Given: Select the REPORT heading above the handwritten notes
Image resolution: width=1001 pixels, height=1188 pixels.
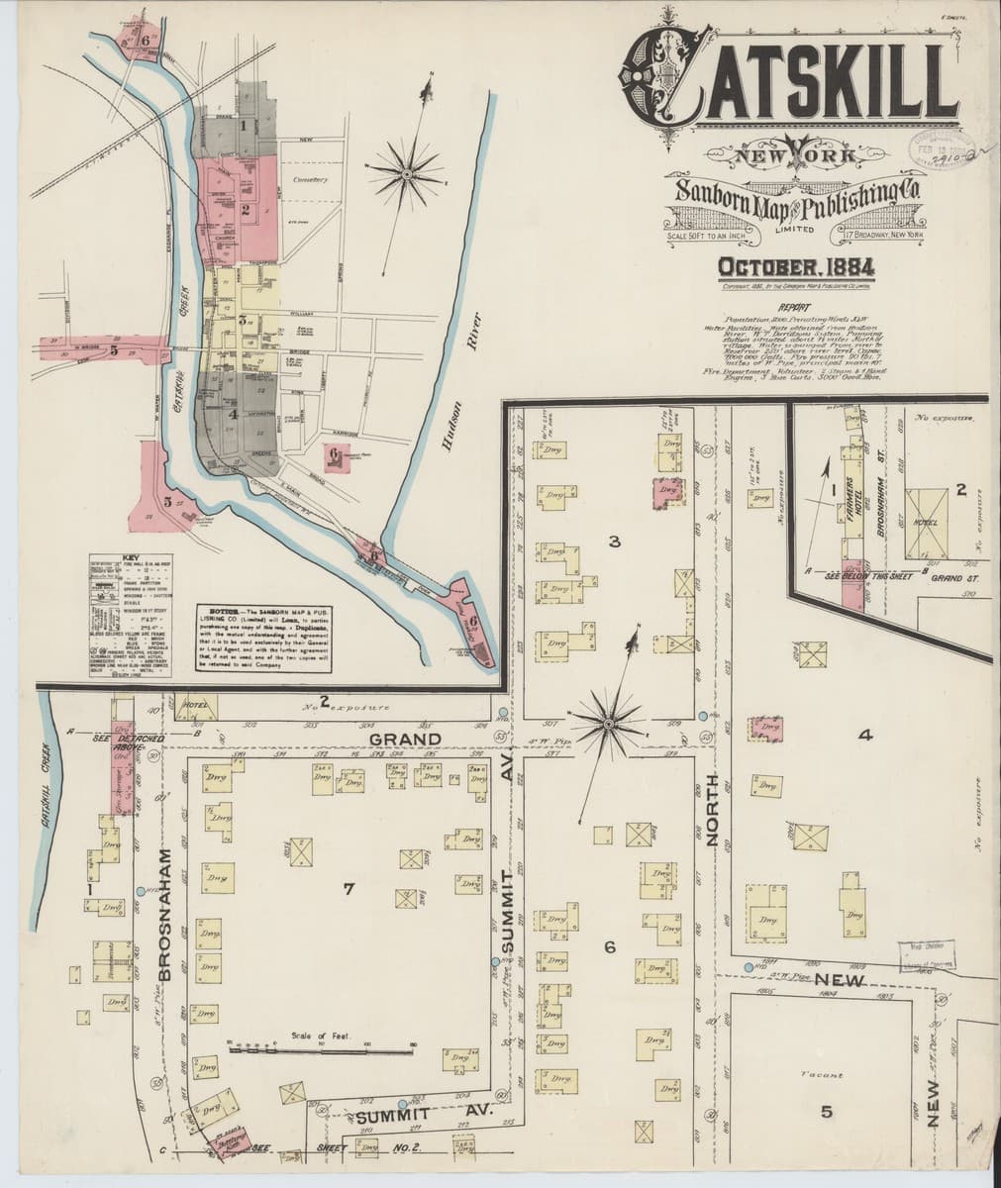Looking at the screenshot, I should [795, 307].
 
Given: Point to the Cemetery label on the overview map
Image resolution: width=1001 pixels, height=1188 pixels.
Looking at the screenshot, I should [310, 181].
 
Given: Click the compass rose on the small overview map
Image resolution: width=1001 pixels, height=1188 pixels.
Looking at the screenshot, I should [406, 173].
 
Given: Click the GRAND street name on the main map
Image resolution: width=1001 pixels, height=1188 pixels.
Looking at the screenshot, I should [406, 739].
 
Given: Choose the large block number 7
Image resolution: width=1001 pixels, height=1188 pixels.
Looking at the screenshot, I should [348, 889].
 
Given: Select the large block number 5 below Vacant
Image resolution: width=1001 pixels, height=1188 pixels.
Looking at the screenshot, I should [826, 1111].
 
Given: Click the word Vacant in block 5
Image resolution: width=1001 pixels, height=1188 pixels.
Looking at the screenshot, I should [824, 1074].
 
